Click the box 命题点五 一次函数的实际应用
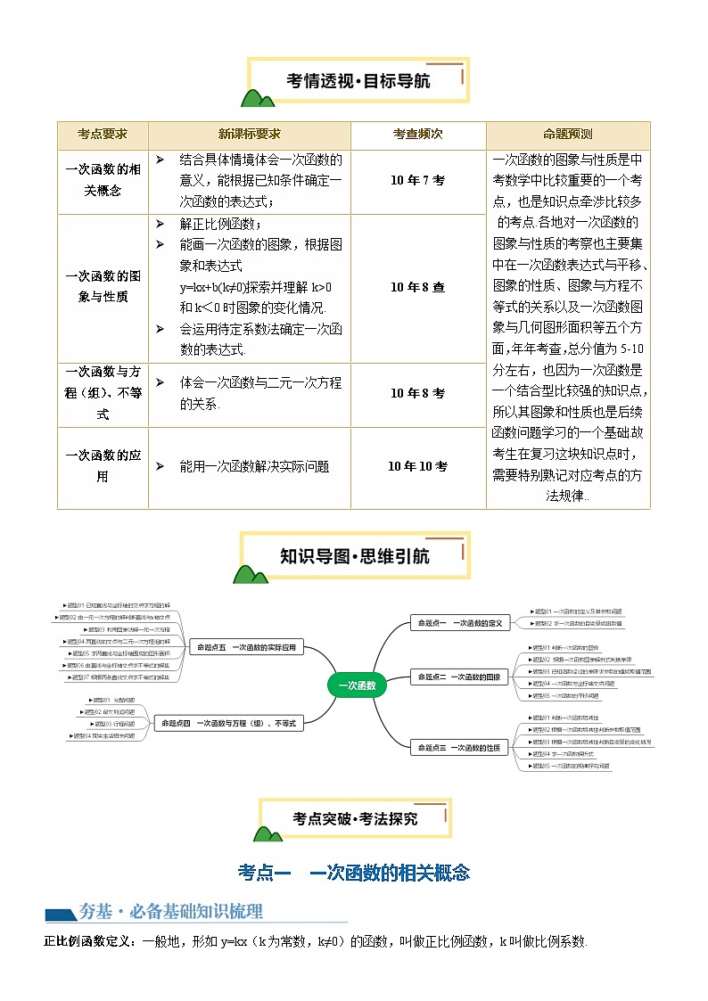(x=247, y=647)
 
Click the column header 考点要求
(x=102, y=135)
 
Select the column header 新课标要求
(x=249, y=135)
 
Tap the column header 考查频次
(x=417, y=135)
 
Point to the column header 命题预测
(x=568, y=135)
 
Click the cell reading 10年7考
(x=417, y=180)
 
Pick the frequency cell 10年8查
(x=417, y=286)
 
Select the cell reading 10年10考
(x=417, y=465)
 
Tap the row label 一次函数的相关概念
(x=102, y=180)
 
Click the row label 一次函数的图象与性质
(x=102, y=286)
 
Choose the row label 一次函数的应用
(x=102, y=465)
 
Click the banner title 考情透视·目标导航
(x=358, y=81)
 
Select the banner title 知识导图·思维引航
(x=354, y=556)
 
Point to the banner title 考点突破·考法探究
(x=355, y=817)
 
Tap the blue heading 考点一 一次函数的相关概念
(x=354, y=873)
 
